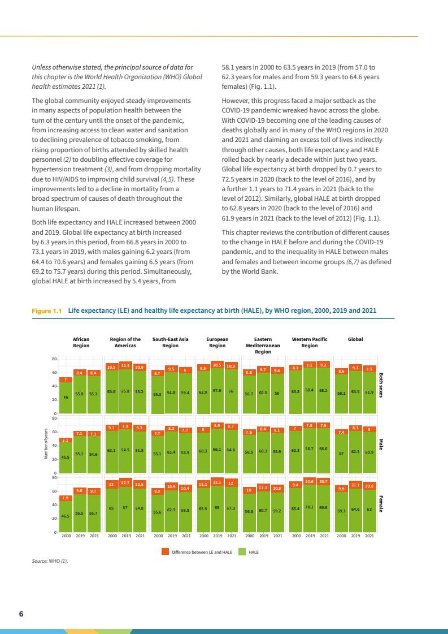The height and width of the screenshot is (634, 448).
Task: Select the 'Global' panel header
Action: point(355,339)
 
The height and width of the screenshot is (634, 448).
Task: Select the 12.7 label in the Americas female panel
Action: point(125,483)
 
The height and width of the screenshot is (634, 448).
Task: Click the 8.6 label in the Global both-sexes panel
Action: point(341,371)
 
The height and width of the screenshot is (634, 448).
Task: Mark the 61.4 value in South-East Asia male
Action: point(172,451)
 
